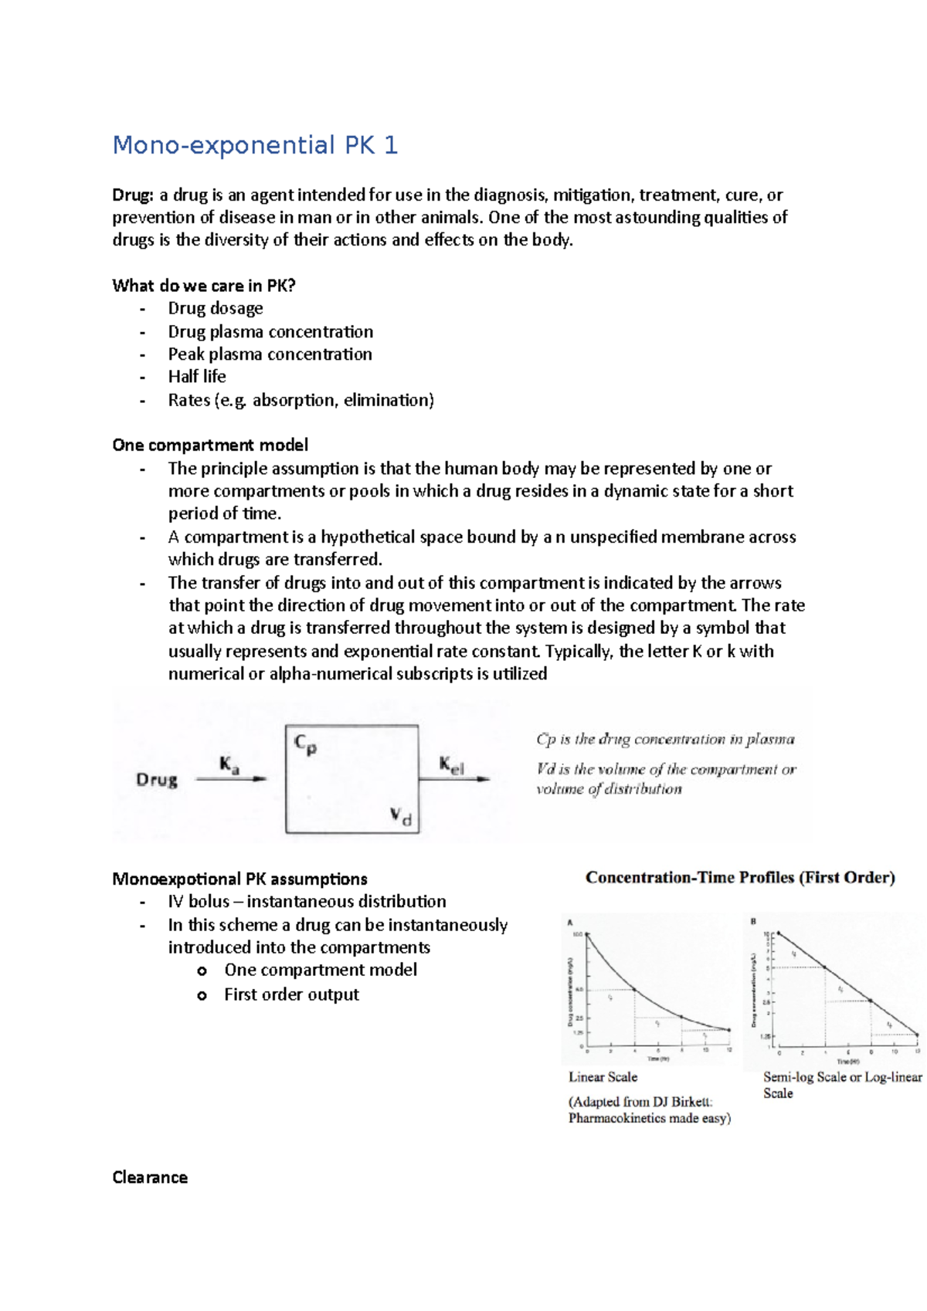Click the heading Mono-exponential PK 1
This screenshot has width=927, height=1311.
point(255,145)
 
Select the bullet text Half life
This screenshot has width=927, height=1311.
point(197,377)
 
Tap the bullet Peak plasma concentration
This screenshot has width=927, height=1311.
point(270,354)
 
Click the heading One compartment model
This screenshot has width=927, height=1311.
point(210,445)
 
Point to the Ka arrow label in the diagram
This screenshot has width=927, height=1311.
point(229,765)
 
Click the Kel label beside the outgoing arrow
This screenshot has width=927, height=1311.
point(452,765)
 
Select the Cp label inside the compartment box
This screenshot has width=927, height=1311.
point(305,744)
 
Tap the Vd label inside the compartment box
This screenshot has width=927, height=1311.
point(401,815)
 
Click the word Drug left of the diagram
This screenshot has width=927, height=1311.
point(157,780)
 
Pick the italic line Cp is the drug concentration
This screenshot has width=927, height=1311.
point(665,740)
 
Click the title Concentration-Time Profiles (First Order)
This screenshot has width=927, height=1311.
point(740,878)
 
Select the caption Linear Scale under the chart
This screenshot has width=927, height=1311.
point(603,1077)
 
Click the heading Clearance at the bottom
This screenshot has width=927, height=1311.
point(150,1177)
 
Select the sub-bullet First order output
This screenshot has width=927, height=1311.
point(291,994)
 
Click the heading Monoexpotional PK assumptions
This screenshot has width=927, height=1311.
point(239,879)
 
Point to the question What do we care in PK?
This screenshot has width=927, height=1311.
point(204,286)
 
